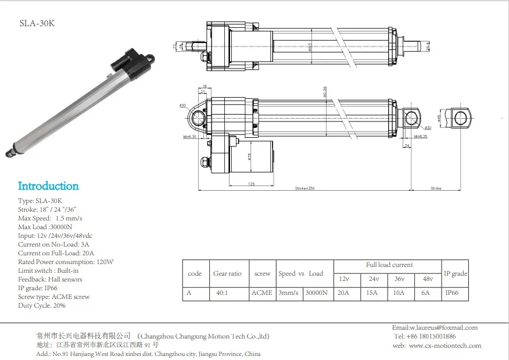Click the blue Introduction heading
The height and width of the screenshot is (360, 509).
(x=48, y=186)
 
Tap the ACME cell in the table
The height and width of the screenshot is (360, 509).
(x=261, y=293)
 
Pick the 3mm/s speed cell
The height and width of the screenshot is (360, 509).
(x=289, y=293)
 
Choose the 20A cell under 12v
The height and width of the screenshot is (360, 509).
(x=343, y=293)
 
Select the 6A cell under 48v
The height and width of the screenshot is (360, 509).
(x=425, y=293)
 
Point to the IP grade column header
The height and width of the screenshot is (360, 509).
(x=456, y=273)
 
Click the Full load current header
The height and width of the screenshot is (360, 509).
(x=389, y=265)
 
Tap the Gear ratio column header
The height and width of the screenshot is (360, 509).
(x=227, y=273)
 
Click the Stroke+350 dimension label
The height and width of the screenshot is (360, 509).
(x=303, y=188)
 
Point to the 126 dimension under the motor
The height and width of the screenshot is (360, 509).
(x=251, y=184)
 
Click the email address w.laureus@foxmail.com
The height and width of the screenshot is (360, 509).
(x=435, y=327)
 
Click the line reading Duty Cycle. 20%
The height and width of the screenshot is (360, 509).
(x=42, y=305)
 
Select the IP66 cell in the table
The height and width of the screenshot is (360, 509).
(x=451, y=293)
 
